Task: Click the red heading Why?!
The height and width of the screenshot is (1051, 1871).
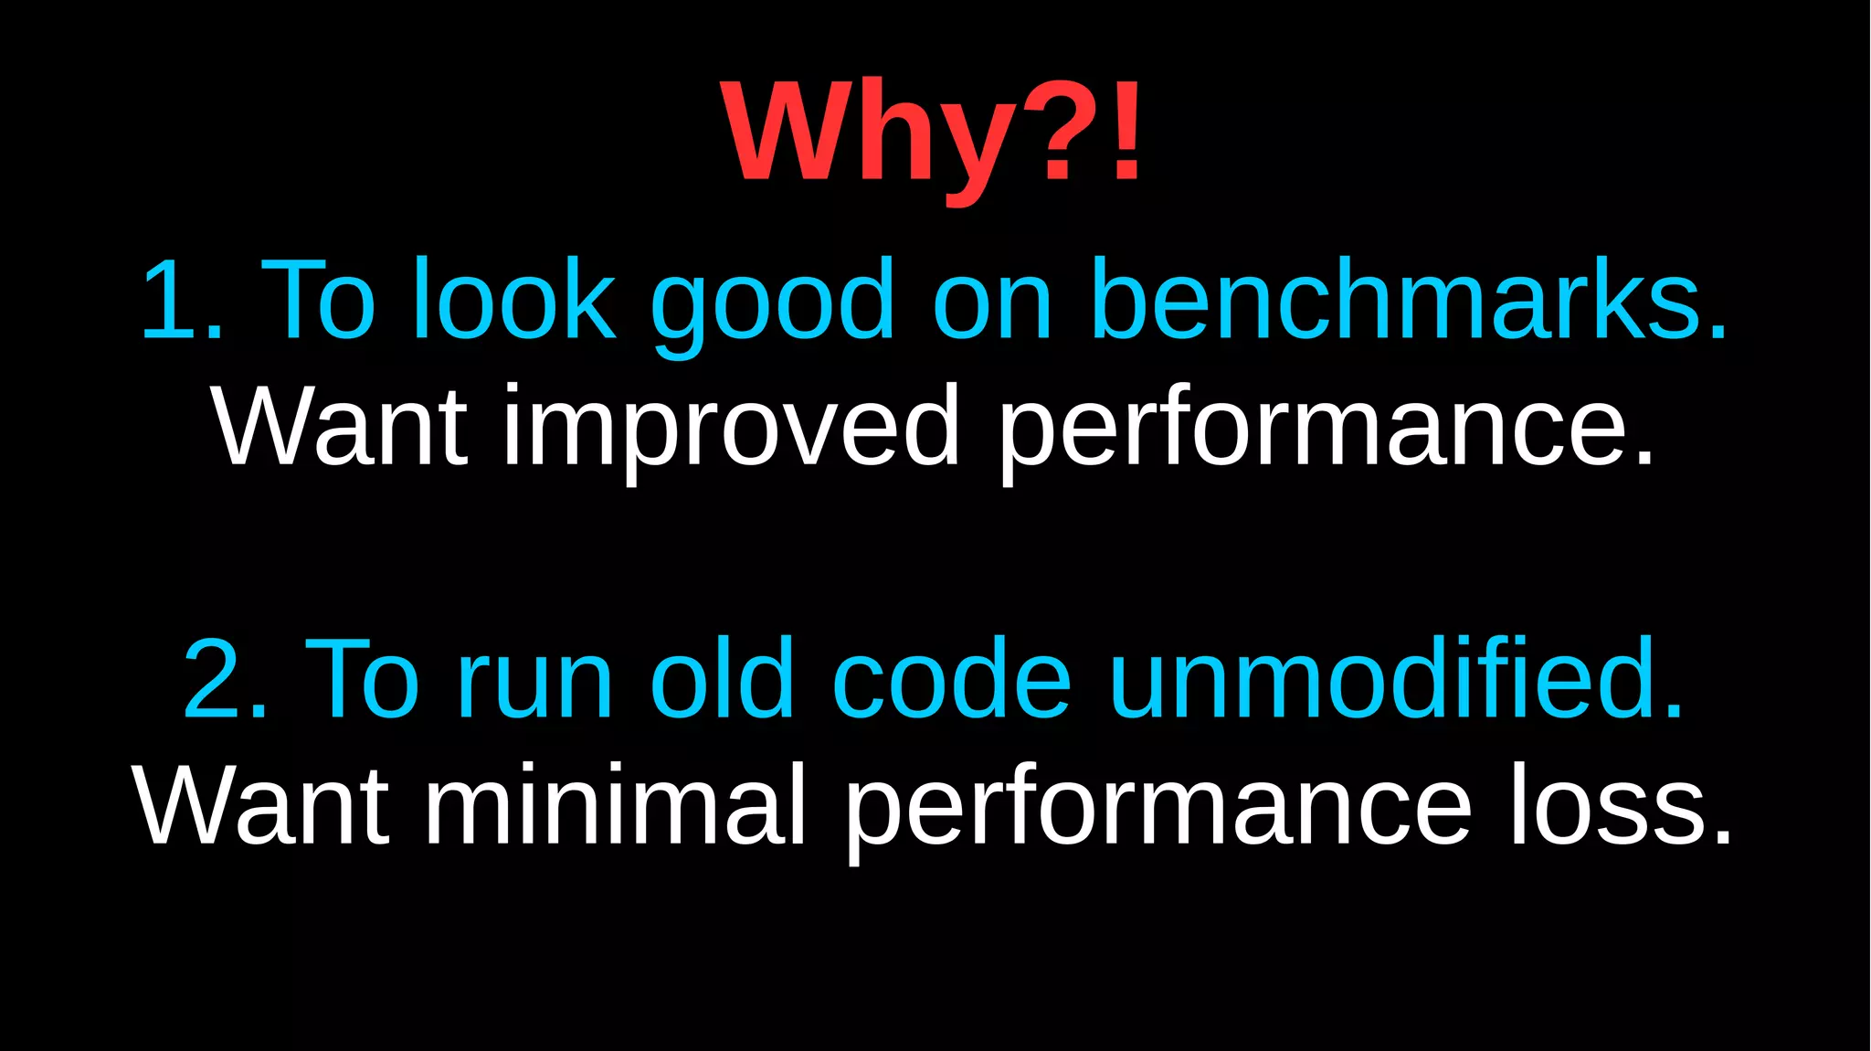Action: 932,133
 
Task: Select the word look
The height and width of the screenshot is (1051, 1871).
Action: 513,300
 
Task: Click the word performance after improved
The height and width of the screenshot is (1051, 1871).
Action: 1325,428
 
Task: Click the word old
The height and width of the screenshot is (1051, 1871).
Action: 722,678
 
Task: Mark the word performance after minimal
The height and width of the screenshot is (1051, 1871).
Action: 1158,808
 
